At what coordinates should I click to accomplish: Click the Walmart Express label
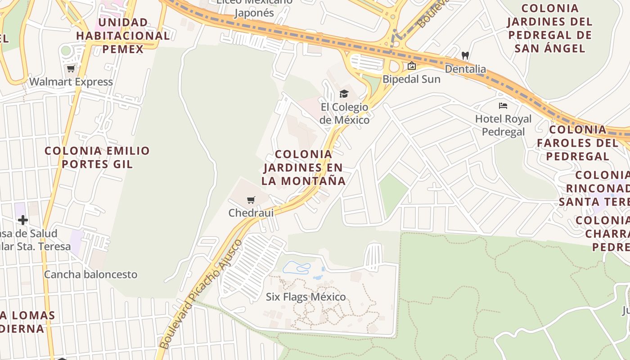[x=71, y=82]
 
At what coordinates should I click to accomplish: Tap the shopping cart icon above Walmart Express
[x=71, y=69]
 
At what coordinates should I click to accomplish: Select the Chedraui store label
[x=251, y=213]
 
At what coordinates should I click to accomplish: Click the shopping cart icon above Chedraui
[x=251, y=200]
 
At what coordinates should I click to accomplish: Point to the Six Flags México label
[x=306, y=297]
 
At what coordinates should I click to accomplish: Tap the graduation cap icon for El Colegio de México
[x=344, y=94]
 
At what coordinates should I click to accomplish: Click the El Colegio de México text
[x=344, y=113]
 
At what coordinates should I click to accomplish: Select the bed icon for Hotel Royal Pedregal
[x=503, y=106]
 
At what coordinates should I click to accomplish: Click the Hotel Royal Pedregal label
[x=503, y=125]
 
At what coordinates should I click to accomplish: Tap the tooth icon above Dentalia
[x=465, y=56]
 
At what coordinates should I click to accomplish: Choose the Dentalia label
[x=465, y=69]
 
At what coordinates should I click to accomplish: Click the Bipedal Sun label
[x=411, y=79]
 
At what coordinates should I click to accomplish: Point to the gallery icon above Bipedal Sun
[x=411, y=66]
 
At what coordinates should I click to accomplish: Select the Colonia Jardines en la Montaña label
[x=303, y=168]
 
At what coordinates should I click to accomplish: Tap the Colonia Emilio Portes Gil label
[x=97, y=157]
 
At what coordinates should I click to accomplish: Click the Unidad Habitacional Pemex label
[x=123, y=36]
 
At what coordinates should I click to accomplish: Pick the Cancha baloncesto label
[x=90, y=274]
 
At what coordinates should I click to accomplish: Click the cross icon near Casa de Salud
[x=23, y=220]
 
